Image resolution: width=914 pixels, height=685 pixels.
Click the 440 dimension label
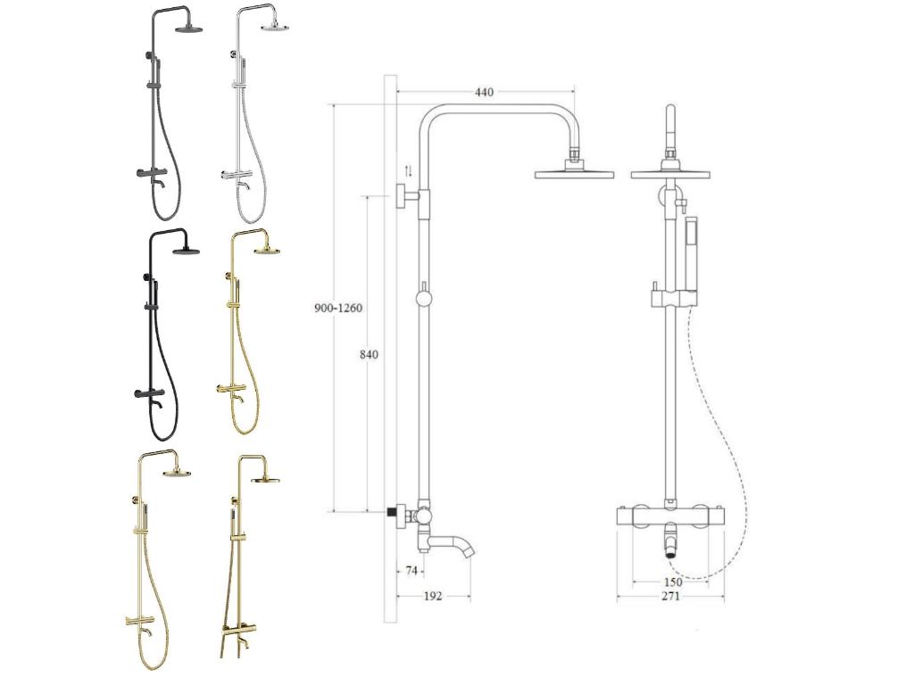[484, 93]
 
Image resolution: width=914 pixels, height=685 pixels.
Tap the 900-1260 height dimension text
[338, 308]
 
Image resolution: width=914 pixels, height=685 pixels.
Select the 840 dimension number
[368, 354]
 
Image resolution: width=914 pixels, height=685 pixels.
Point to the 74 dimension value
[411, 571]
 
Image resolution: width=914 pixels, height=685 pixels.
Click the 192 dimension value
[434, 596]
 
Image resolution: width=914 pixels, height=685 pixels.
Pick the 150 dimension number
[673, 582]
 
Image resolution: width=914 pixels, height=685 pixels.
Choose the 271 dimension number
[670, 596]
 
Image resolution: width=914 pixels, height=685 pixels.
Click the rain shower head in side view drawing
[576, 173]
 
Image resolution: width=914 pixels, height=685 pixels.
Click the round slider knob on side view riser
[423, 298]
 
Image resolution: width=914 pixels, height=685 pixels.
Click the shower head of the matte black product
[187, 251]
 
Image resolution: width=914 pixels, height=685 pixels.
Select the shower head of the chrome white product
[274, 28]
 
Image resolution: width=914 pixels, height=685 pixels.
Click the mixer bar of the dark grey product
[153, 171]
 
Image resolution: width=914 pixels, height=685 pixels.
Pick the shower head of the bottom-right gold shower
[265, 480]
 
